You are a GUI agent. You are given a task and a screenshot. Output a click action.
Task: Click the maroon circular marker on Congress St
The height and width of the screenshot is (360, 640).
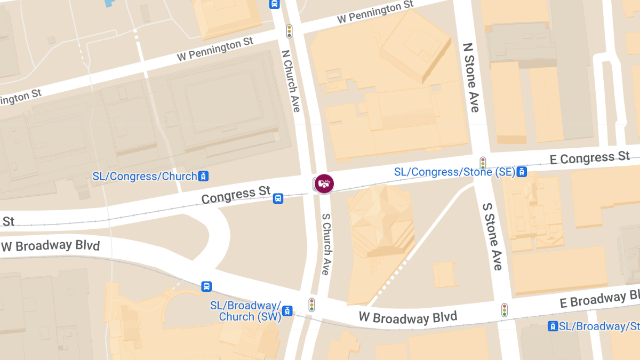(324, 183)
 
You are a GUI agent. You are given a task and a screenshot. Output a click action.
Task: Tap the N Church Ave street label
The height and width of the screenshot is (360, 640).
(292, 81)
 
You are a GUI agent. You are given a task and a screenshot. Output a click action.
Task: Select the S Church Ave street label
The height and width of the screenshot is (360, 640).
(326, 244)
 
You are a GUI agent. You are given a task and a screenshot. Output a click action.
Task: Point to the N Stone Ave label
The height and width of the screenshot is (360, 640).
(471, 78)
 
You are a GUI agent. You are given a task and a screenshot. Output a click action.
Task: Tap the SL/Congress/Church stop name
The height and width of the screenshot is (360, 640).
(145, 176)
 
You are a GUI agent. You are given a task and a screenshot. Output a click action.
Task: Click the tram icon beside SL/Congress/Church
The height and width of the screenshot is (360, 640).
(203, 175)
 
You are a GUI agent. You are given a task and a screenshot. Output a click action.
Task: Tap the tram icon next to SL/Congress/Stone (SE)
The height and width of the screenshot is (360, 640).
(522, 172)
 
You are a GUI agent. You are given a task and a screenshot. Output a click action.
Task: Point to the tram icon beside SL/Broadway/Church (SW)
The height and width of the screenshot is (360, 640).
(287, 310)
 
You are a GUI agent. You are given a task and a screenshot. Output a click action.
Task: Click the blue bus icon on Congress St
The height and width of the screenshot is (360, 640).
(278, 199)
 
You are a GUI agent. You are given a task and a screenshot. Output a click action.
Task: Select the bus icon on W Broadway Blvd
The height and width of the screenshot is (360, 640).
(206, 286)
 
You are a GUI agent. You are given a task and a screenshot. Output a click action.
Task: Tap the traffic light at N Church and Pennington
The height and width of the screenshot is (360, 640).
(290, 31)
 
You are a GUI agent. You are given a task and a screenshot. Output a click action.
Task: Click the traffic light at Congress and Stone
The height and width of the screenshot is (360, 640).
(483, 163)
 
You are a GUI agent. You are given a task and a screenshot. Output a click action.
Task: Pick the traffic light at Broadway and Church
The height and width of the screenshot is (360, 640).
(312, 305)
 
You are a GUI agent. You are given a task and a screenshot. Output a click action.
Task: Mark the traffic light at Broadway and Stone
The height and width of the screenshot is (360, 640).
(504, 310)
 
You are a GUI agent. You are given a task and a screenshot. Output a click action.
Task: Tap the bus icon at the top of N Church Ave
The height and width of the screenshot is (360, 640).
(274, 4)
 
